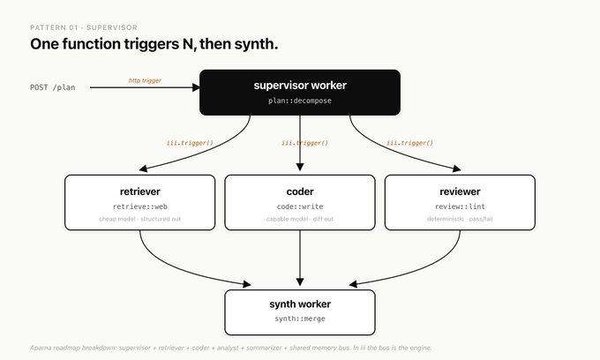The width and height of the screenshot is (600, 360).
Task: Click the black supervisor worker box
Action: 300,92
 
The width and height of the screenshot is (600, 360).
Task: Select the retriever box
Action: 140,202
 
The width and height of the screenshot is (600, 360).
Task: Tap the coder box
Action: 300,202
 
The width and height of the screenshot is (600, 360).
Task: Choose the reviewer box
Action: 460,202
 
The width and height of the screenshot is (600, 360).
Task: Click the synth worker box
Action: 300,312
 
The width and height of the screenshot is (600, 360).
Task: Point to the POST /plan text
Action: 53,87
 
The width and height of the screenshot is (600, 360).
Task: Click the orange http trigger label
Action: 145,80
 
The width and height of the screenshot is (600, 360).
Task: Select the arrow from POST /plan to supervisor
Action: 145,87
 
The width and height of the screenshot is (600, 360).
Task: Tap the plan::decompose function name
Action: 300,101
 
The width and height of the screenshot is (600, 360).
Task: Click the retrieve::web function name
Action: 140,206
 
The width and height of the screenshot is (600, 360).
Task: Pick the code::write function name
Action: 300,206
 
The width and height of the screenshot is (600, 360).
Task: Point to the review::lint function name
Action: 460,206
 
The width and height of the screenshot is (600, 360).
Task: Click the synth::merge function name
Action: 300,319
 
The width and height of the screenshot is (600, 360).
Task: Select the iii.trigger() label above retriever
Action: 190,143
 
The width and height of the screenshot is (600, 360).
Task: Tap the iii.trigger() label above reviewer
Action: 409,143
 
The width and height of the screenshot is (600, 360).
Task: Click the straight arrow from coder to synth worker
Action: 300,259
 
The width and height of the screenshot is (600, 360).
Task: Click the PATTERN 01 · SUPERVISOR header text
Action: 84,27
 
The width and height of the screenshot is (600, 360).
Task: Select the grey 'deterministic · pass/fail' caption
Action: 460,219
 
